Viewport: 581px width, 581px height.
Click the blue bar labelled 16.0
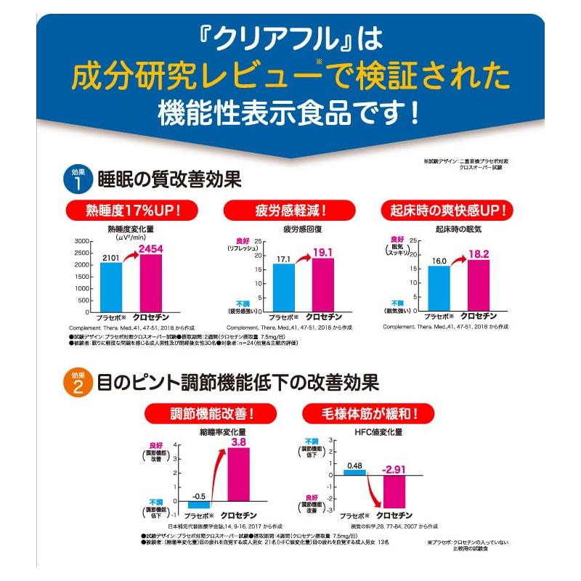(439, 288)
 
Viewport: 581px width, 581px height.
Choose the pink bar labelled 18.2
(478, 285)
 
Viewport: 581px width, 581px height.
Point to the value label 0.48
(354, 465)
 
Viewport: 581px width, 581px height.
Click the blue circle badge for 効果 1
(79, 179)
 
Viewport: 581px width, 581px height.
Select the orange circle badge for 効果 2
(79, 383)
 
